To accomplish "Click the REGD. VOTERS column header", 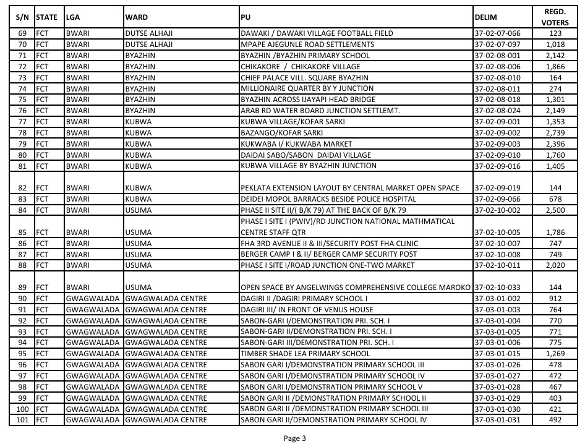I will click(555, 17).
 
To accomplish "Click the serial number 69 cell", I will click(23, 33).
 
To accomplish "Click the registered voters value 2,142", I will click(555, 55).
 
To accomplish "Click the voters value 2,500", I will click(555, 210).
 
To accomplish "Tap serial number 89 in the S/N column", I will click(23, 288).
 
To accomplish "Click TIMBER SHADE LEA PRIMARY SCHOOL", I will click(305, 353).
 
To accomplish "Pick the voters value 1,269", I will click(555, 353).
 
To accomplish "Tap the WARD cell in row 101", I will click(166, 420).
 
